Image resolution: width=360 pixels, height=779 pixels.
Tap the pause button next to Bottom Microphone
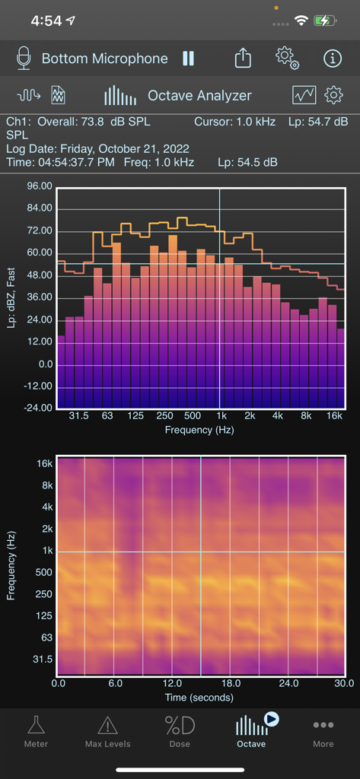pyautogui.click(x=188, y=59)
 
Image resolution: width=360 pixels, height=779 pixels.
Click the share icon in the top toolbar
pyautogui.click(x=243, y=59)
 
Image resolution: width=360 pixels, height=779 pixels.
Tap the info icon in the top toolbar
pyautogui.click(x=333, y=59)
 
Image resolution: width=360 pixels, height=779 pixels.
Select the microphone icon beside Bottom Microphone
pyautogui.click(x=24, y=59)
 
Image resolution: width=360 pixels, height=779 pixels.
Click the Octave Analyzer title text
pyautogui.click(x=199, y=96)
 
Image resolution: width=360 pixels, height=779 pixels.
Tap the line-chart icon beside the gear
pyautogui.click(x=304, y=95)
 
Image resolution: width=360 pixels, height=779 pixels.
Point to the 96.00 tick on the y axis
pyautogui.click(x=39, y=186)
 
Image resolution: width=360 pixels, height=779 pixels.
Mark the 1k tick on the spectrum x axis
pyautogui.click(x=221, y=416)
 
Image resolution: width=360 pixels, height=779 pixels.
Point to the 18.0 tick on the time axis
pyautogui.click(x=231, y=684)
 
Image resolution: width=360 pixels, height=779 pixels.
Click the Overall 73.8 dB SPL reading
pyautogui.click(x=76, y=122)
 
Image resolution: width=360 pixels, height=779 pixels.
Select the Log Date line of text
pyautogui.click(x=97, y=148)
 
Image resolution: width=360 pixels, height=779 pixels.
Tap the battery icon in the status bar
pyautogui.click(x=325, y=21)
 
